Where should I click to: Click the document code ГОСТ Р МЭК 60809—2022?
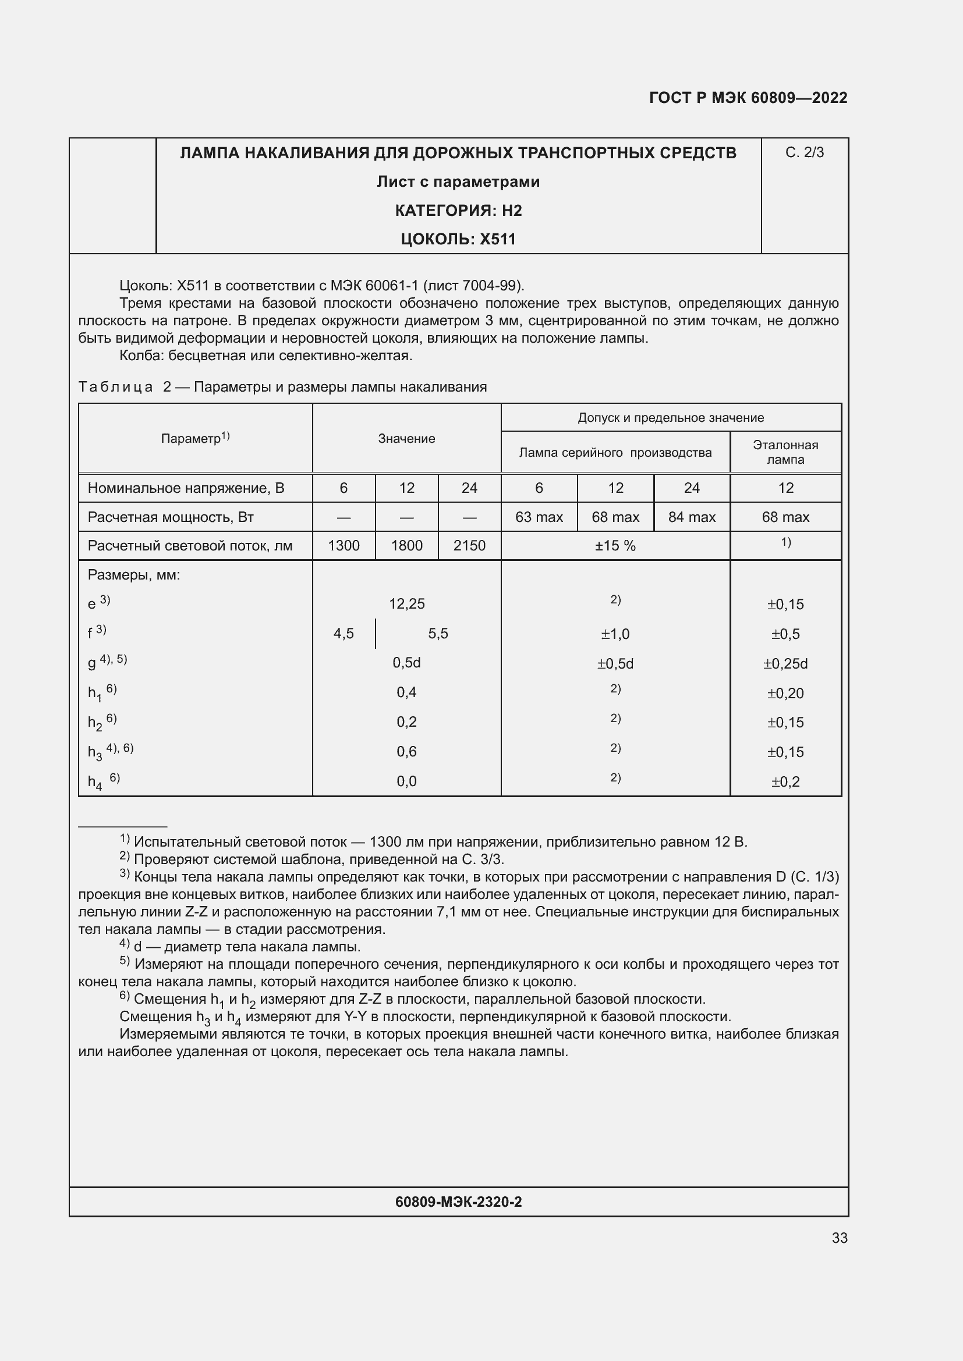[x=748, y=98]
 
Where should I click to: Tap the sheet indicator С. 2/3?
[x=804, y=152]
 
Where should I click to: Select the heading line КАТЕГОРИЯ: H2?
[x=458, y=211]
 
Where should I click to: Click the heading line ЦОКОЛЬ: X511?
[x=458, y=240]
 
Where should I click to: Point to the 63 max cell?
[x=539, y=517]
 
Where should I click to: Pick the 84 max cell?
[x=692, y=517]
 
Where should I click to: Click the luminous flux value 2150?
[x=469, y=545]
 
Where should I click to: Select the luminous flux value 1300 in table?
[x=344, y=545]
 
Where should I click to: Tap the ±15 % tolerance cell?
[x=615, y=545]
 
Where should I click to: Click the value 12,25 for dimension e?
[x=407, y=604]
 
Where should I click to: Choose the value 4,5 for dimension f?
[x=344, y=634]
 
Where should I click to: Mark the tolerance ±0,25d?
[x=785, y=663]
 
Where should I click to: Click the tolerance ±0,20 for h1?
[x=785, y=693]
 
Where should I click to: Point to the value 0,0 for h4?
[x=407, y=781]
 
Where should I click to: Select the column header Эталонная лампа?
[x=785, y=452]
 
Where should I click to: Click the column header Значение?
[x=407, y=439]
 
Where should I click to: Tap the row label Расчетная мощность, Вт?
[x=171, y=517]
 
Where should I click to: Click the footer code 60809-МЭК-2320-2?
[x=458, y=1202]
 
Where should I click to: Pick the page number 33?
[x=839, y=1238]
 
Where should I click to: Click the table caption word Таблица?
[x=116, y=387]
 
